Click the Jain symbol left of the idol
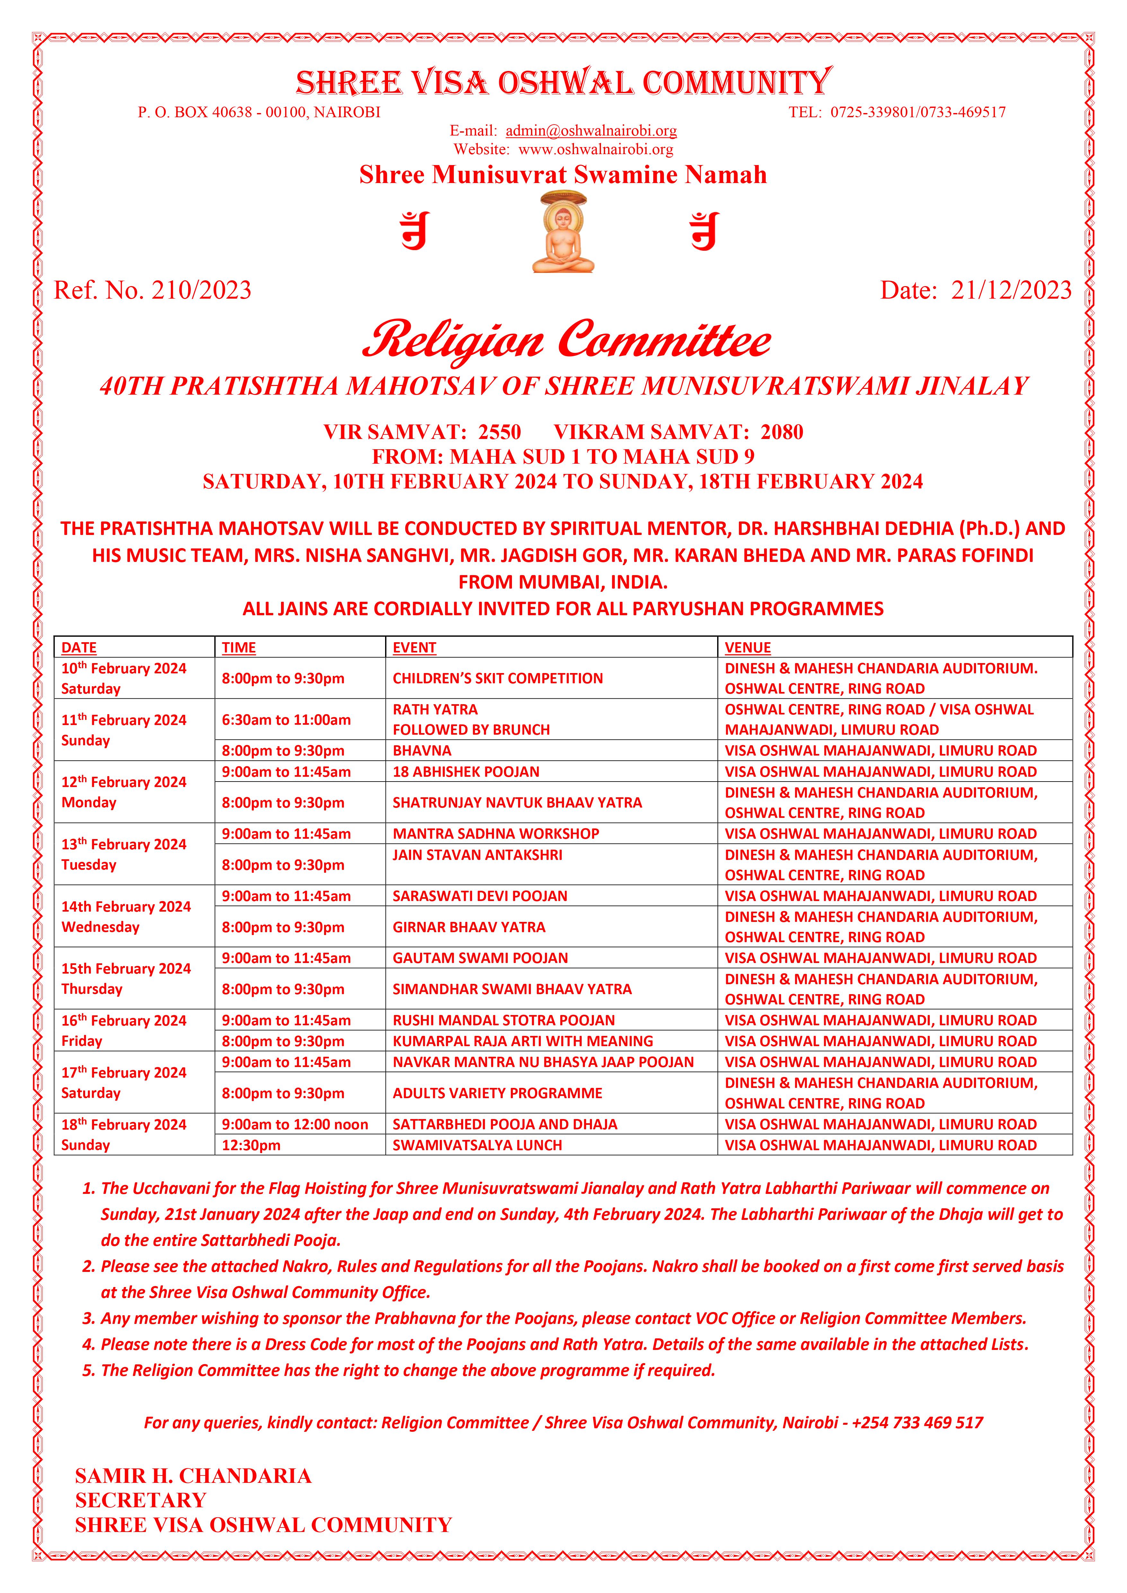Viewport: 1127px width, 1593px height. (415, 231)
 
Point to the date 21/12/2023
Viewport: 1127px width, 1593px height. (1010, 290)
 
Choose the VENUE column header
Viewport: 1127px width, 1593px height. (747, 647)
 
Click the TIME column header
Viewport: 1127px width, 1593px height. (239, 647)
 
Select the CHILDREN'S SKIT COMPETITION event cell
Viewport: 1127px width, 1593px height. (497, 678)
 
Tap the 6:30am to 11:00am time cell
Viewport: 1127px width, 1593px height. (286, 720)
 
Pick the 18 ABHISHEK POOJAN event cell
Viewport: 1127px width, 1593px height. (466, 772)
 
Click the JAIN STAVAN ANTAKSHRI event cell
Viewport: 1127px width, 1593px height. (478, 855)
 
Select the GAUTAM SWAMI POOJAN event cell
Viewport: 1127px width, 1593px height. (480, 958)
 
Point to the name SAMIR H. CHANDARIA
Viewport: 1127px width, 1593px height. (193, 1476)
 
